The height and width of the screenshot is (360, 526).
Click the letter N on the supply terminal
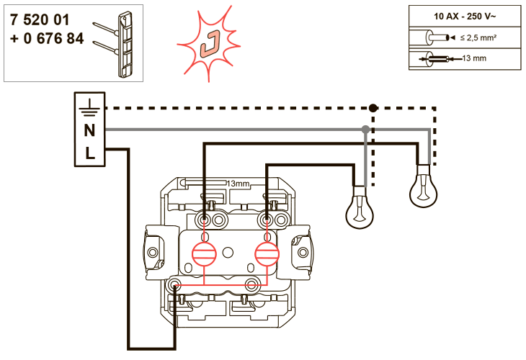pos(89,130)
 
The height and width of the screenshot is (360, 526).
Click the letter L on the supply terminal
pos(90,153)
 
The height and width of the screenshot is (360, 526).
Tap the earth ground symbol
pos(89,107)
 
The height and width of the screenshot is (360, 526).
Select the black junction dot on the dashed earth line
pos(373,108)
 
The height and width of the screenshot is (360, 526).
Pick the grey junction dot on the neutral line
pos(365,130)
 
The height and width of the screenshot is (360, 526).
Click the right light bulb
pos(424,186)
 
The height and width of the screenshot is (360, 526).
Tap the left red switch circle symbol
pos(204,253)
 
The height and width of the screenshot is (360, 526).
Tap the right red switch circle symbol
pos(267,253)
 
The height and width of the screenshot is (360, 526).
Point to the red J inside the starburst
pos(210,44)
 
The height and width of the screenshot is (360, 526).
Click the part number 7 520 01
pos(40,19)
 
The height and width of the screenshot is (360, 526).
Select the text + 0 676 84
pos(47,39)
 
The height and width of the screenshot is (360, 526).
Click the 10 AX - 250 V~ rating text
pos(465,16)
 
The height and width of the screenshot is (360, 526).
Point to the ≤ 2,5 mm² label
pos(478,38)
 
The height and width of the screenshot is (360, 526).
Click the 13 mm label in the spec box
pos(474,58)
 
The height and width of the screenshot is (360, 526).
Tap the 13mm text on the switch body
pos(238,184)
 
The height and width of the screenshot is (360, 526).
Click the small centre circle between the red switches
pos(228,253)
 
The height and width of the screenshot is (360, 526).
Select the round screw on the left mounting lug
pos(153,252)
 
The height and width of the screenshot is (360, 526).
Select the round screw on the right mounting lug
pos(303,252)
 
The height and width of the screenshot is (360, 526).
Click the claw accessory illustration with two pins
pos(113,44)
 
